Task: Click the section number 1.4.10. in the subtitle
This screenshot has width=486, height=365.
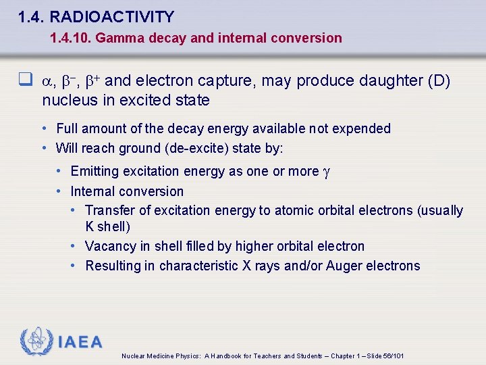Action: (70, 38)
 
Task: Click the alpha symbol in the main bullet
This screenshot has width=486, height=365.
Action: (47, 82)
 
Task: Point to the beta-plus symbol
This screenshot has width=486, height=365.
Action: (92, 81)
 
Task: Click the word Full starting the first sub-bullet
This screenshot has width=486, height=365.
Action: (67, 128)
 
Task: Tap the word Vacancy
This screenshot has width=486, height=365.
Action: (111, 246)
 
